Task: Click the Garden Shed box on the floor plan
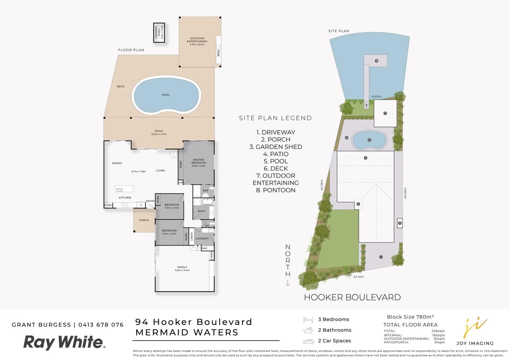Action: [159, 33]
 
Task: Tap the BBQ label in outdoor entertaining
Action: [218, 53]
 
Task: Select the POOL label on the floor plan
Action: [166, 95]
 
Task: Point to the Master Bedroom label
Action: [198, 161]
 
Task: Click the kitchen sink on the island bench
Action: [119, 190]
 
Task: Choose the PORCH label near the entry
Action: [144, 220]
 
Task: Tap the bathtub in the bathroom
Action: [207, 201]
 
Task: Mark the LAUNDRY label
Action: [202, 239]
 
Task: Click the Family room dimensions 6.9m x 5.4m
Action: [182, 270]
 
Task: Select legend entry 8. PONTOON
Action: [276, 190]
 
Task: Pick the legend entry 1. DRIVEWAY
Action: [276, 132]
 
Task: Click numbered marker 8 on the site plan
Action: [377, 61]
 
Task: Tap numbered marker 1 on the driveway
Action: [381, 257]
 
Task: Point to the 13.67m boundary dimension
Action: [377, 97]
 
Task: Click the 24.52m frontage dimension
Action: [359, 277]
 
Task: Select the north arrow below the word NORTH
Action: [288, 283]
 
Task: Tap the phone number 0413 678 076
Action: [101, 325]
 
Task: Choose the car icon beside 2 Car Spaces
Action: [308, 341]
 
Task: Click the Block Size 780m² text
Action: [410, 317]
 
